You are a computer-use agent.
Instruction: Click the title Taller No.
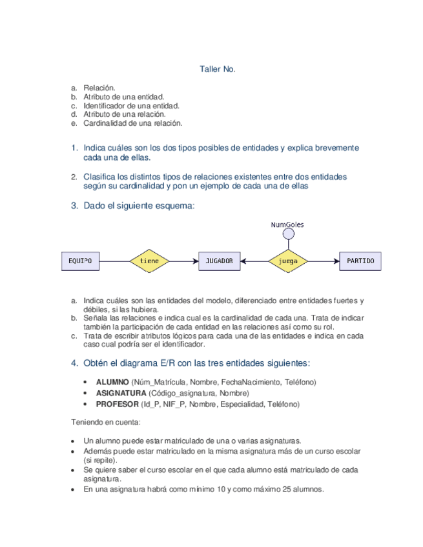pyautogui.click(x=217, y=68)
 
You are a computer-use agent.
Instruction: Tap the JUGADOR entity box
pyautogui.click(x=220, y=261)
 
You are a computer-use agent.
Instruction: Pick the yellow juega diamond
pyautogui.click(x=287, y=261)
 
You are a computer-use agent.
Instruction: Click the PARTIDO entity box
pyautogui.click(x=360, y=261)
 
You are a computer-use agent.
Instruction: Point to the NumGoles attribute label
pyautogui.click(x=287, y=224)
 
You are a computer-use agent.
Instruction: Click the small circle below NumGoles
pyautogui.click(x=287, y=235)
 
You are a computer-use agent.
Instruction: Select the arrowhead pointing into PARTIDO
pyautogui.click(x=336, y=261)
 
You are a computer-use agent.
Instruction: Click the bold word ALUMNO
pyautogui.click(x=112, y=383)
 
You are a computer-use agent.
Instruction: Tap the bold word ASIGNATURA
pyautogui.click(x=121, y=393)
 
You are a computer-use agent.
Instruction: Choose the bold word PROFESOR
pyautogui.click(x=117, y=404)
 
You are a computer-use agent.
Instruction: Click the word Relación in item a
pyautogui.click(x=99, y=87)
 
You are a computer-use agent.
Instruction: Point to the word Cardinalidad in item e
pyautogui.click(x=105, y=123)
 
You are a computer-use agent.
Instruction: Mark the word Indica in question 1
pyautogui.click(x=98, y=148)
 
